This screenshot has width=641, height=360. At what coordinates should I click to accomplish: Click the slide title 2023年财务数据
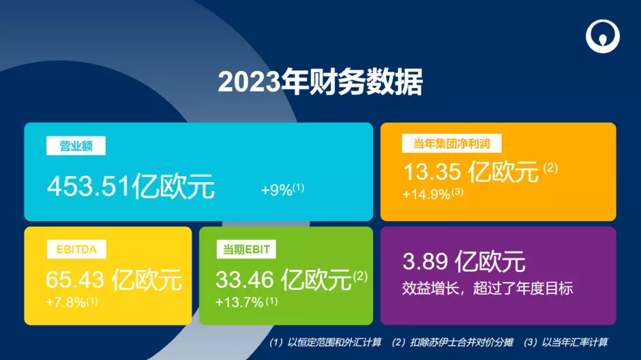click(320, 82)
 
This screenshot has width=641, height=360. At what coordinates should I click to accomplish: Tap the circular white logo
click(603, 36)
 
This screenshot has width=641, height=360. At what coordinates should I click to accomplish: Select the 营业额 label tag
click(76, 146)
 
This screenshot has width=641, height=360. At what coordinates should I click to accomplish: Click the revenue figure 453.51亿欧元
click(131, 186)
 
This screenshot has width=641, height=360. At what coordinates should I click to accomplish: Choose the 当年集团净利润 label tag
click(451, 143)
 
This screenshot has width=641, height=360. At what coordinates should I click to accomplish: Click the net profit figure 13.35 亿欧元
click(471, 172)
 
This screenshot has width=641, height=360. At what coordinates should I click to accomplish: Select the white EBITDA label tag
click(76, 250)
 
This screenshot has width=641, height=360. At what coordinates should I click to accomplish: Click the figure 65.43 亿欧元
click(114, 280)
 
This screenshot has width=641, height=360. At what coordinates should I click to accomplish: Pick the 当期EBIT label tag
click(246, 250)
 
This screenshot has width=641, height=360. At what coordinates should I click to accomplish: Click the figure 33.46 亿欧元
click(284, 280)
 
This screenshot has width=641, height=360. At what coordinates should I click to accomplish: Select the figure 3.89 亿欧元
click(464, 262)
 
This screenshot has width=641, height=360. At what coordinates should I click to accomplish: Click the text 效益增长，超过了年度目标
click(488, 288)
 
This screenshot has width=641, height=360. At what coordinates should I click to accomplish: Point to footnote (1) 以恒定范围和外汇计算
click(325, 342)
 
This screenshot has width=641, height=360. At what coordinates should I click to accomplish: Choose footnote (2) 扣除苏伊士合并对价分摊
click(453, 342)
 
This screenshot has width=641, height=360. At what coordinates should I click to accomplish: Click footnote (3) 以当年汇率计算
click(566, 342)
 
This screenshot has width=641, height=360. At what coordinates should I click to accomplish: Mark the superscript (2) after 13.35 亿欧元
click(550, 168)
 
